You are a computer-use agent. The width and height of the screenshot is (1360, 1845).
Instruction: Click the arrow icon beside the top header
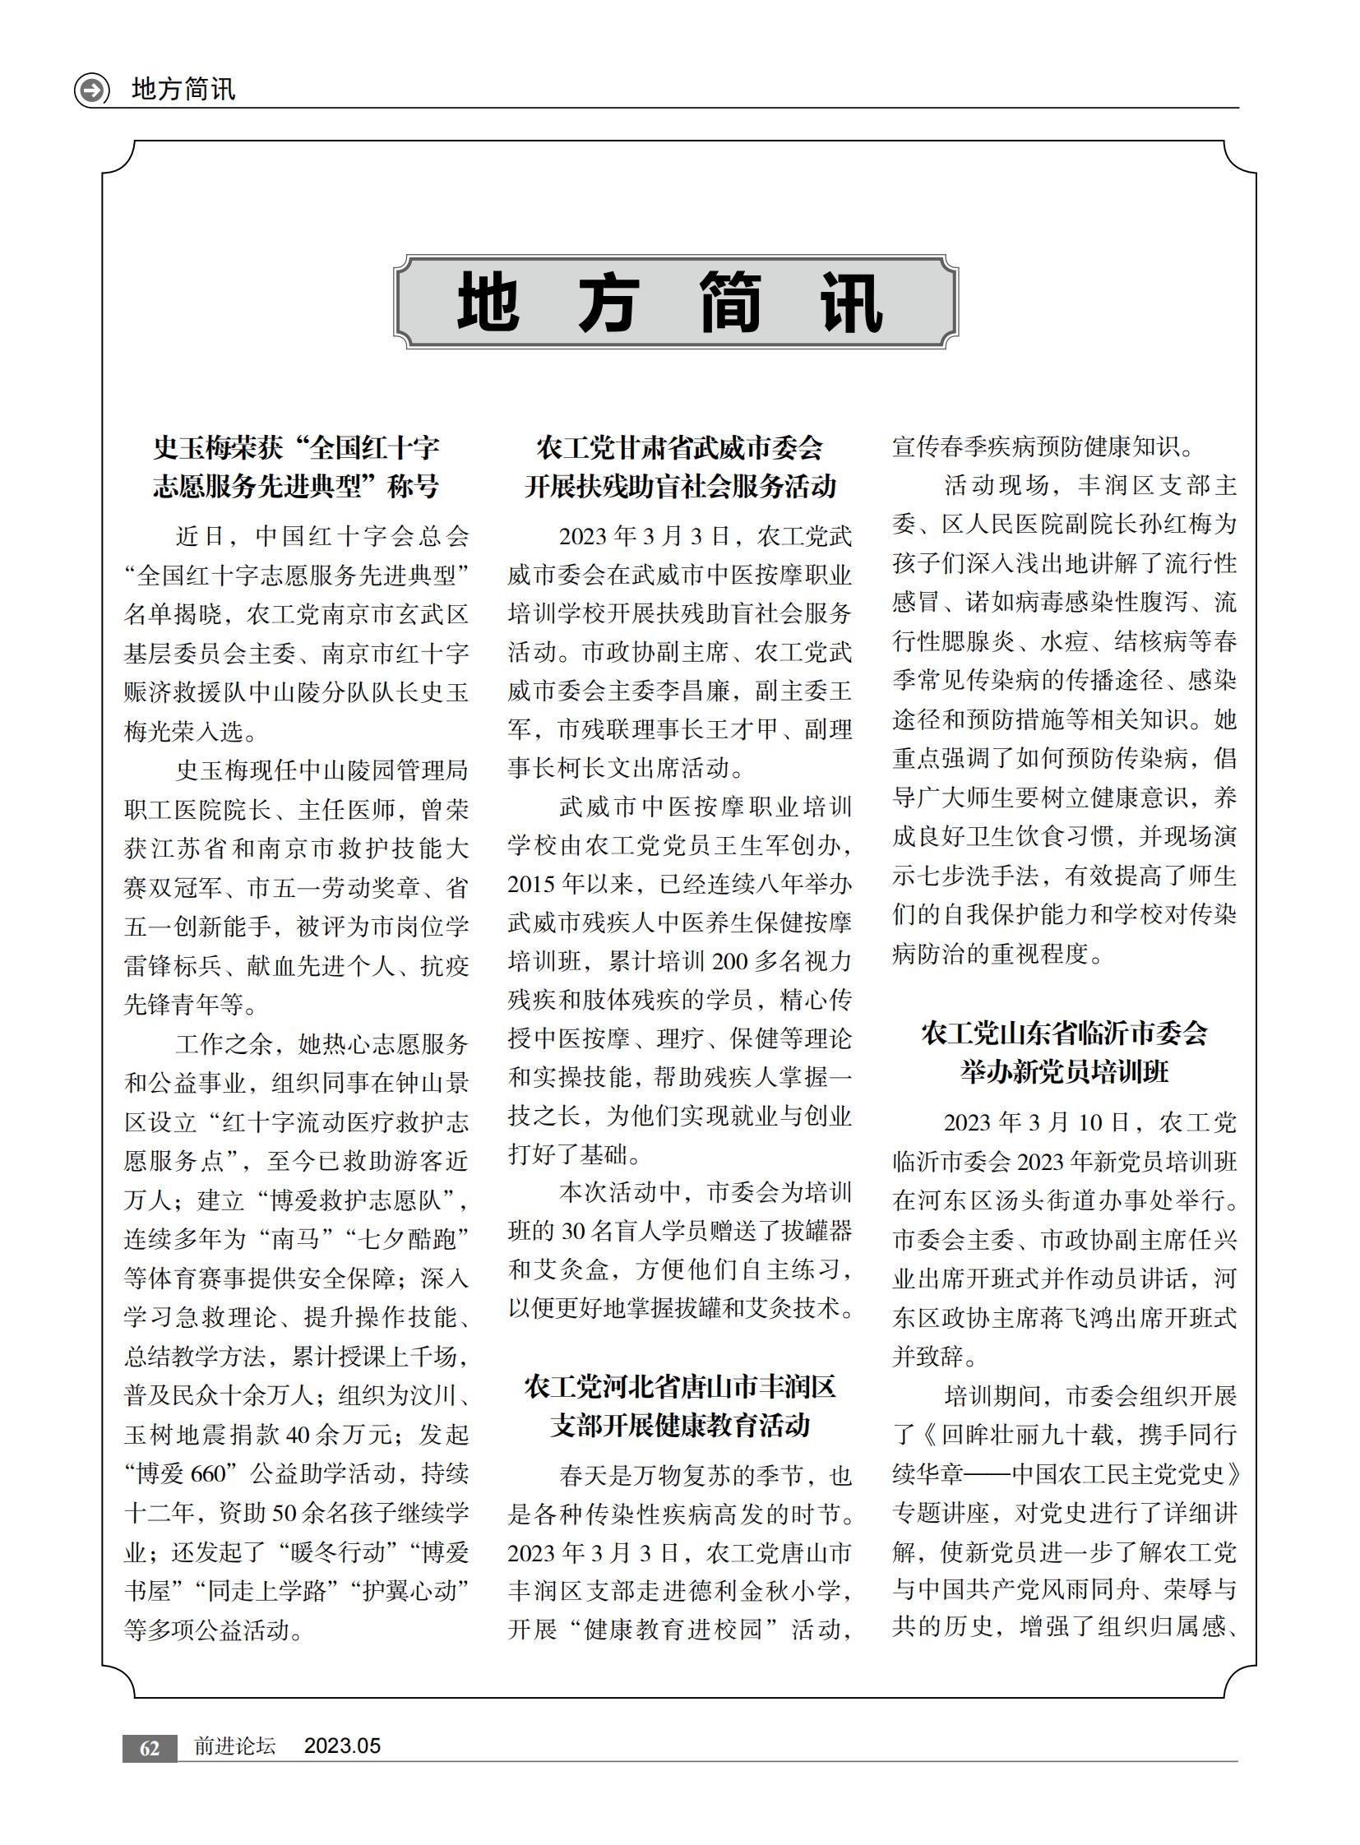pyautogui.click(x=91, y=89)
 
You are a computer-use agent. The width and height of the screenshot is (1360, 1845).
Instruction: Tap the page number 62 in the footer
pyautogui.click(x=149, y=1748)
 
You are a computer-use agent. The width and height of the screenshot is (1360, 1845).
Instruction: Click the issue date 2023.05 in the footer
pyautogui.click(x=342, y=1746)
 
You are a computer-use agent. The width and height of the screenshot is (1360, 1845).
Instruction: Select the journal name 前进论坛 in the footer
pyautogui.click(x=234, y=1746)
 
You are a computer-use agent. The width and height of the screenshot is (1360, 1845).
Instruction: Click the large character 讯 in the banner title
pyautogui.click(x=851, y=302)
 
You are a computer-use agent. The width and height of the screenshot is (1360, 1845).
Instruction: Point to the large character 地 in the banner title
pyautogui.click(x=488, y=302)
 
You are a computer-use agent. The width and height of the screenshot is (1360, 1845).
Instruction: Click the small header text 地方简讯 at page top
pyautogui.click(x=183, y=89)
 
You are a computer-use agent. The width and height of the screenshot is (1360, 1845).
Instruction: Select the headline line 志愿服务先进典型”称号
pyautogui.click(x=295, y=487)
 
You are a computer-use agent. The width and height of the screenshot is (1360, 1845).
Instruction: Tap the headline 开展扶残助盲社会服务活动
pyautogui.click(x=680, y=487)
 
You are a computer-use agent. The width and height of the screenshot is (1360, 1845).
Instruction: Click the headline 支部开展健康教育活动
pyautogui.click(x=680, y=1425)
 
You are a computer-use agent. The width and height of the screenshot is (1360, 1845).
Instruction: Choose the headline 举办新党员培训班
pyautogui.click(x=1064, y=1071)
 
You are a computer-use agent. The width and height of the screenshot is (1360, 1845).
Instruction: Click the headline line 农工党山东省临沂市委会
pyautogui.click(x=1064, y=1033)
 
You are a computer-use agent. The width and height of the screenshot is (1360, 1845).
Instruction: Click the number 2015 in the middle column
pyautogui.click(x=532, y=884)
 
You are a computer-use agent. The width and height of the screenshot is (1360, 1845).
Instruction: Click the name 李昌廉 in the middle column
pyautogui.click(x=705, y=691)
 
